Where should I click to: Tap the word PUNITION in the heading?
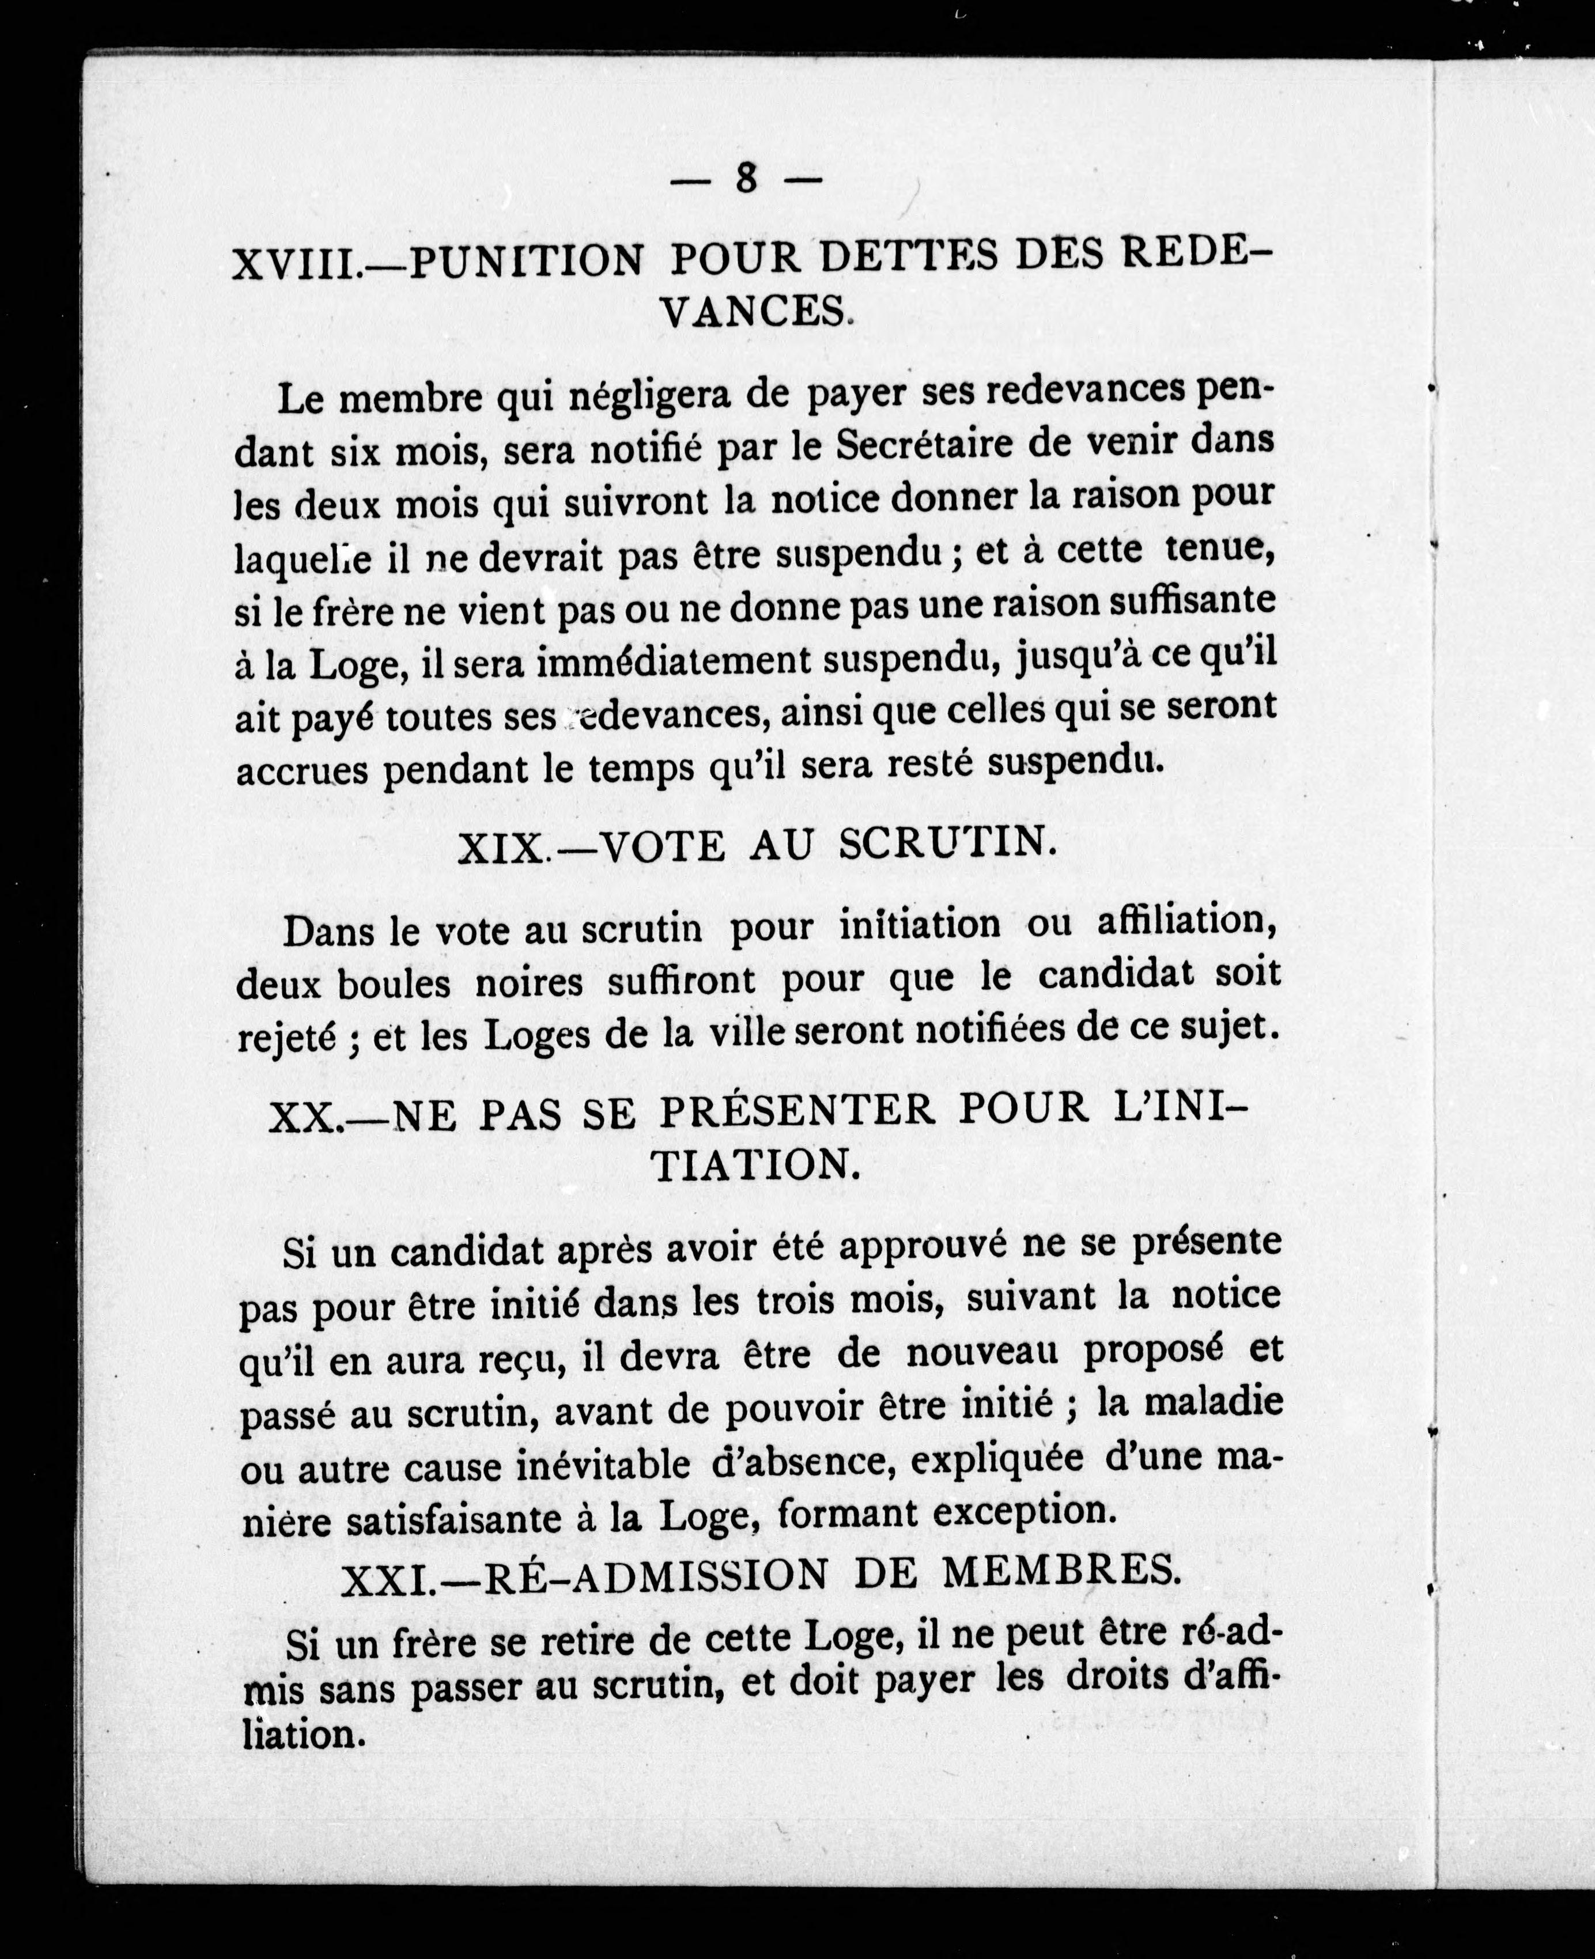tap(526, 263)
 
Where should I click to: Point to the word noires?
tap(528, 982)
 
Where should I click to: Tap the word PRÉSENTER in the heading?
tap(796, 1112)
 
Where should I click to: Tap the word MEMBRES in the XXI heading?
tap(1061, 1572)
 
